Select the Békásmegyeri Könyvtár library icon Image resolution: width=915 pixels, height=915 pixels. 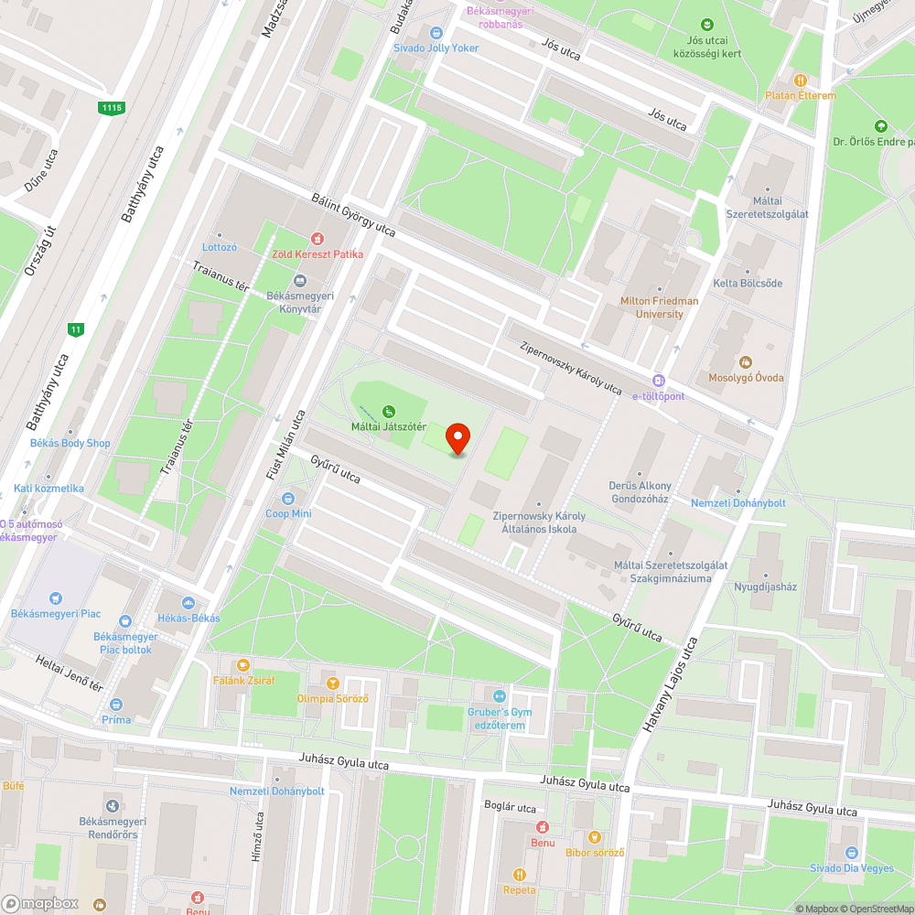(298, 281)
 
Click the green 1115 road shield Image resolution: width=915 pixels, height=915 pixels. (112, 108)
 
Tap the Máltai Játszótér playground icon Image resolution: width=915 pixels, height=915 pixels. (389, 412)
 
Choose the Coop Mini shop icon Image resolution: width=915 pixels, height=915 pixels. (288, 499)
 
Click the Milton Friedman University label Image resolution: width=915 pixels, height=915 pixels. (659, 307)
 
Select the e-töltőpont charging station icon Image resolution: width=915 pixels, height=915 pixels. (658, 381)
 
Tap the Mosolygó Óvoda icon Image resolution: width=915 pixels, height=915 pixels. (745, 362)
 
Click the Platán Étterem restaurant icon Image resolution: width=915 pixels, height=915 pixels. (801, 81)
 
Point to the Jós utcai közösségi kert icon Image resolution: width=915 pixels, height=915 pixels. (706, 25)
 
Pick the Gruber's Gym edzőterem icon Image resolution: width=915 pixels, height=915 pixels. (499, 697)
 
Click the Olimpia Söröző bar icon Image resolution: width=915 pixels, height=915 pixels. (332, 684)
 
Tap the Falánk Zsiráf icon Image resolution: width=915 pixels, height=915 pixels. (243, 665)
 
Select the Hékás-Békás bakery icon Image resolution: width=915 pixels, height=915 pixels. (188, 603)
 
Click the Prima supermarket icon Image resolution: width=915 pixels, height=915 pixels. (116, 705)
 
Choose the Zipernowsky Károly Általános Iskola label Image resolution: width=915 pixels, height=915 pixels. (538, 522)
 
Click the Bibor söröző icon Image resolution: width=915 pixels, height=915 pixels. (594, 836)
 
